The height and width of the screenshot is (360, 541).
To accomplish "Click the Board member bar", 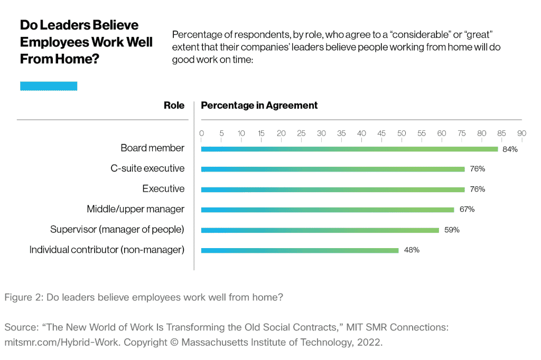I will point(349,149).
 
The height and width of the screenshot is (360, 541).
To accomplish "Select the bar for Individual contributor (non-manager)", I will point(300,250).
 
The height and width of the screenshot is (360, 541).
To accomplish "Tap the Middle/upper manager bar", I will point(328,210).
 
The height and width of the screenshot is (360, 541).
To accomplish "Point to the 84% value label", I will point(510,149).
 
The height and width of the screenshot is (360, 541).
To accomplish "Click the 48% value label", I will point(412,250).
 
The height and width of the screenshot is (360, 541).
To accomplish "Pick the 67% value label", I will point(467,210).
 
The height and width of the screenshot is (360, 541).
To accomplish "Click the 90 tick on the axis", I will point(521,134).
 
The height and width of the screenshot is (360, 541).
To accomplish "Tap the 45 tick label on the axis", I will point(381,134).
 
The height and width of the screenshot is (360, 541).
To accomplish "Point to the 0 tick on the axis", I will point(201,134).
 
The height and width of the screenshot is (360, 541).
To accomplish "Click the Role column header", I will point(174,106).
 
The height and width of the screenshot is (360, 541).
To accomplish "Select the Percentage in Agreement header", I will point(259,106).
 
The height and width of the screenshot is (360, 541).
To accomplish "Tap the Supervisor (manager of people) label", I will point(117,230).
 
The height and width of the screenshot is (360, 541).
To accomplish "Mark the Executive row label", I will point(163,189).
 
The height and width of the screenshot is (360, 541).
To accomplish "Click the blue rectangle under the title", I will point(49,86).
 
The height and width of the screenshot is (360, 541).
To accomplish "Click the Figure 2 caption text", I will point(144,297).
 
